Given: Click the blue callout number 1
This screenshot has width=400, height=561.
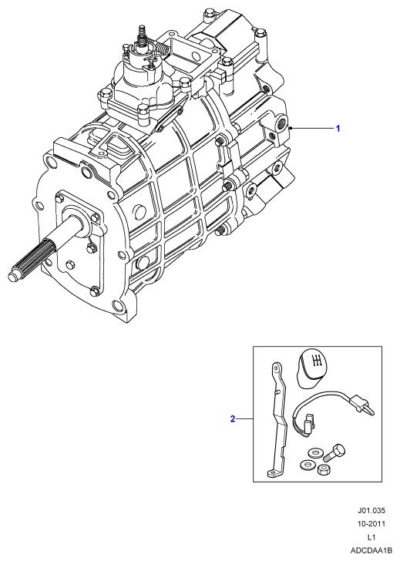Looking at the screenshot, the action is coord(338,128).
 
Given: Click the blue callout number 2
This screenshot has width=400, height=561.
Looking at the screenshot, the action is coord(233,418).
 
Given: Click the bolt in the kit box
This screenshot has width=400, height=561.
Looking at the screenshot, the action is coord(334,452).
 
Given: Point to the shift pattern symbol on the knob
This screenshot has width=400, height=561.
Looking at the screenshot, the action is coord(316,361).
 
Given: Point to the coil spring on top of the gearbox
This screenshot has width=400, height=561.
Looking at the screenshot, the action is coord(161,47).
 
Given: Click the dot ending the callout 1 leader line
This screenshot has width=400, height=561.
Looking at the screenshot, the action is coord(292,128).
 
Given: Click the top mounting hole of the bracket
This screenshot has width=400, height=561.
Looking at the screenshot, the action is coord(276,368).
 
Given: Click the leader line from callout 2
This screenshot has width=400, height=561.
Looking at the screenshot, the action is coord(244,418).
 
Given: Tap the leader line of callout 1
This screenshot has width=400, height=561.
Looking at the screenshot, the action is coord(313,128).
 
